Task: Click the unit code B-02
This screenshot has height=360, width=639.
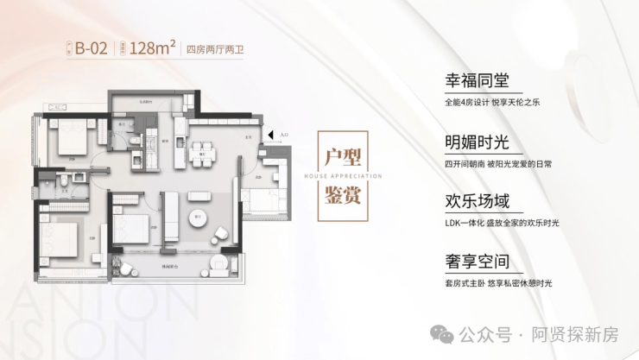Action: tap(92, 48)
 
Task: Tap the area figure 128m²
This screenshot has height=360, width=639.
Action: tap(153, 48)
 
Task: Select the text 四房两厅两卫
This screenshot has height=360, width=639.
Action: tap(216, 49)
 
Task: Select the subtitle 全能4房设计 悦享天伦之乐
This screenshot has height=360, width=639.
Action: tap(491, 102)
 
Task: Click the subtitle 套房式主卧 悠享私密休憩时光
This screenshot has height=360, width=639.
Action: tap(497, 282)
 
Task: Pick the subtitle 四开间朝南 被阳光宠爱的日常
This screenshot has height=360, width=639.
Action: tap(497, 162)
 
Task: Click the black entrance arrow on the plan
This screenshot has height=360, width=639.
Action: tap(271, 136)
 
